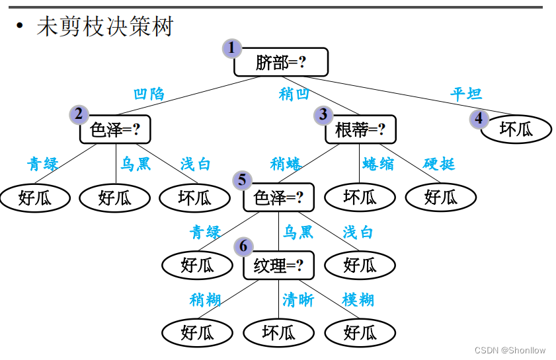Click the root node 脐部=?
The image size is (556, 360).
(x=281, y=62)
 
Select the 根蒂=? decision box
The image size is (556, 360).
(x=360, y=129)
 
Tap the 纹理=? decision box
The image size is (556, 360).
(x=278, y=266)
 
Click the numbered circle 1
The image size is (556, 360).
(x=232, y=48)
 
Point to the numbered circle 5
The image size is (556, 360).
(x=242, y=180)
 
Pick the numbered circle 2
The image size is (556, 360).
(x=79, y=114)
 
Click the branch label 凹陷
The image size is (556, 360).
(x=149, y=94)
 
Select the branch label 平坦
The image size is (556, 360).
(x=466, y=94)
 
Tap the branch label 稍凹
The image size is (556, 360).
(x=294, y=94)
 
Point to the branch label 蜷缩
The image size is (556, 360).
(x=378, y=163)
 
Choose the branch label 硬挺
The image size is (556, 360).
(x=439, y=163)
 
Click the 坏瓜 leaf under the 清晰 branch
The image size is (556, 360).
(x=278, y=332)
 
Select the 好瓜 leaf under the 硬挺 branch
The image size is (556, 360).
(x=441, y=196)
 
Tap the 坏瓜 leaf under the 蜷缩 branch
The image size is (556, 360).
(x=360, y=196)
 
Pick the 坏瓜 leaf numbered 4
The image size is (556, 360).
(x=516, y=129)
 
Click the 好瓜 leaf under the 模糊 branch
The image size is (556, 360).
(x=360, y=332)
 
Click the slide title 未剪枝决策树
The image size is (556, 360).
(x=105, y=27)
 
